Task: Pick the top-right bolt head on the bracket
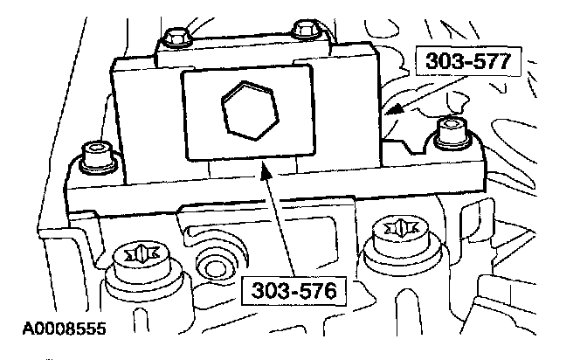(x=304, y=29)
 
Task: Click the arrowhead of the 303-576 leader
(x=262, y=165)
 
